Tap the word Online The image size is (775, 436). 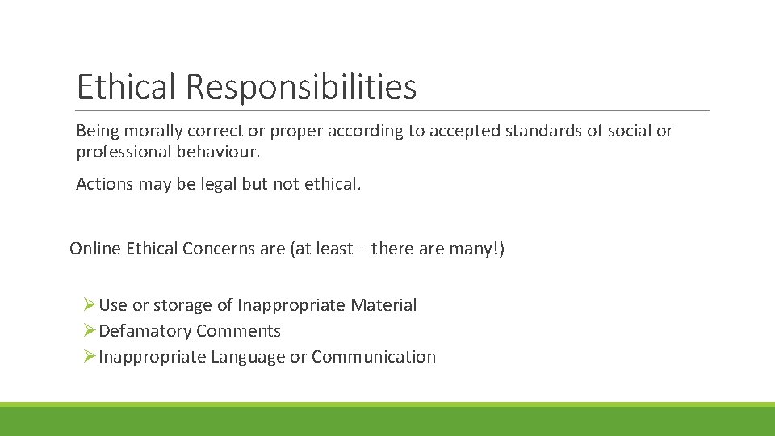pos(94,249)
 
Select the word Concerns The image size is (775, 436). pos(220,249)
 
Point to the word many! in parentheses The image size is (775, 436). pos(476,249)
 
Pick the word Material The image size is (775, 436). pos(383,305)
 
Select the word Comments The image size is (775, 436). pos(238,331)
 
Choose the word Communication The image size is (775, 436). pos(373,357)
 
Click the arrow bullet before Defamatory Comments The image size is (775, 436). pos(90,331)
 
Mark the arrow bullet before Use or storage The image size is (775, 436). pos(90,305)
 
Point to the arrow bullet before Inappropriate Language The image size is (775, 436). pos(90,357)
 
